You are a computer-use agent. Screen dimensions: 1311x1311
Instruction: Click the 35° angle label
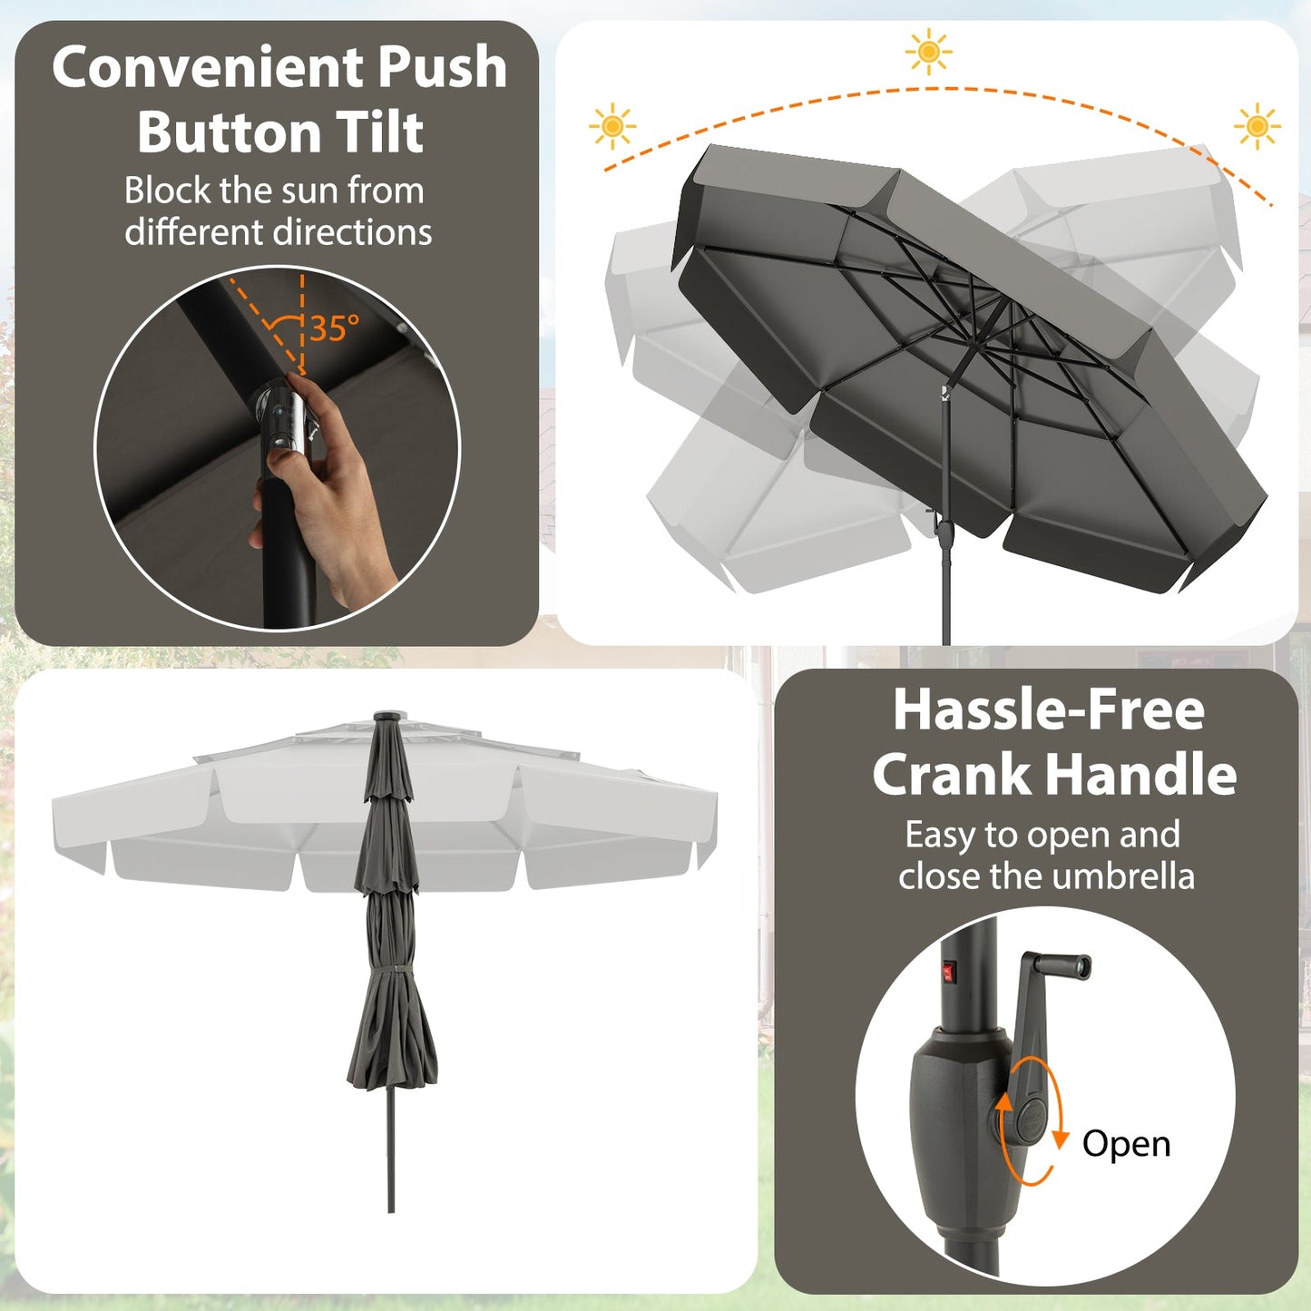point(334,328)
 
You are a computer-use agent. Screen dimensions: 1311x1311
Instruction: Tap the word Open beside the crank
point(1126,1144)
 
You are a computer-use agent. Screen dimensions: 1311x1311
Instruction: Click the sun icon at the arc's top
point(928,52)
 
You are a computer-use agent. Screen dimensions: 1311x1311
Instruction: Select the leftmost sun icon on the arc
point(612,126)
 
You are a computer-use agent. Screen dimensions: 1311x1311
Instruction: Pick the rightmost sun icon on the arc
point(1257,126)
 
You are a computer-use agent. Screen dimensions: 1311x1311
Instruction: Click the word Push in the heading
point(442,68)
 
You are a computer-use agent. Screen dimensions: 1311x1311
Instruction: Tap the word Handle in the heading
point(1146,775)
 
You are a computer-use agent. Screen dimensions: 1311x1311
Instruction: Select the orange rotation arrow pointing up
point(1003,1105)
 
